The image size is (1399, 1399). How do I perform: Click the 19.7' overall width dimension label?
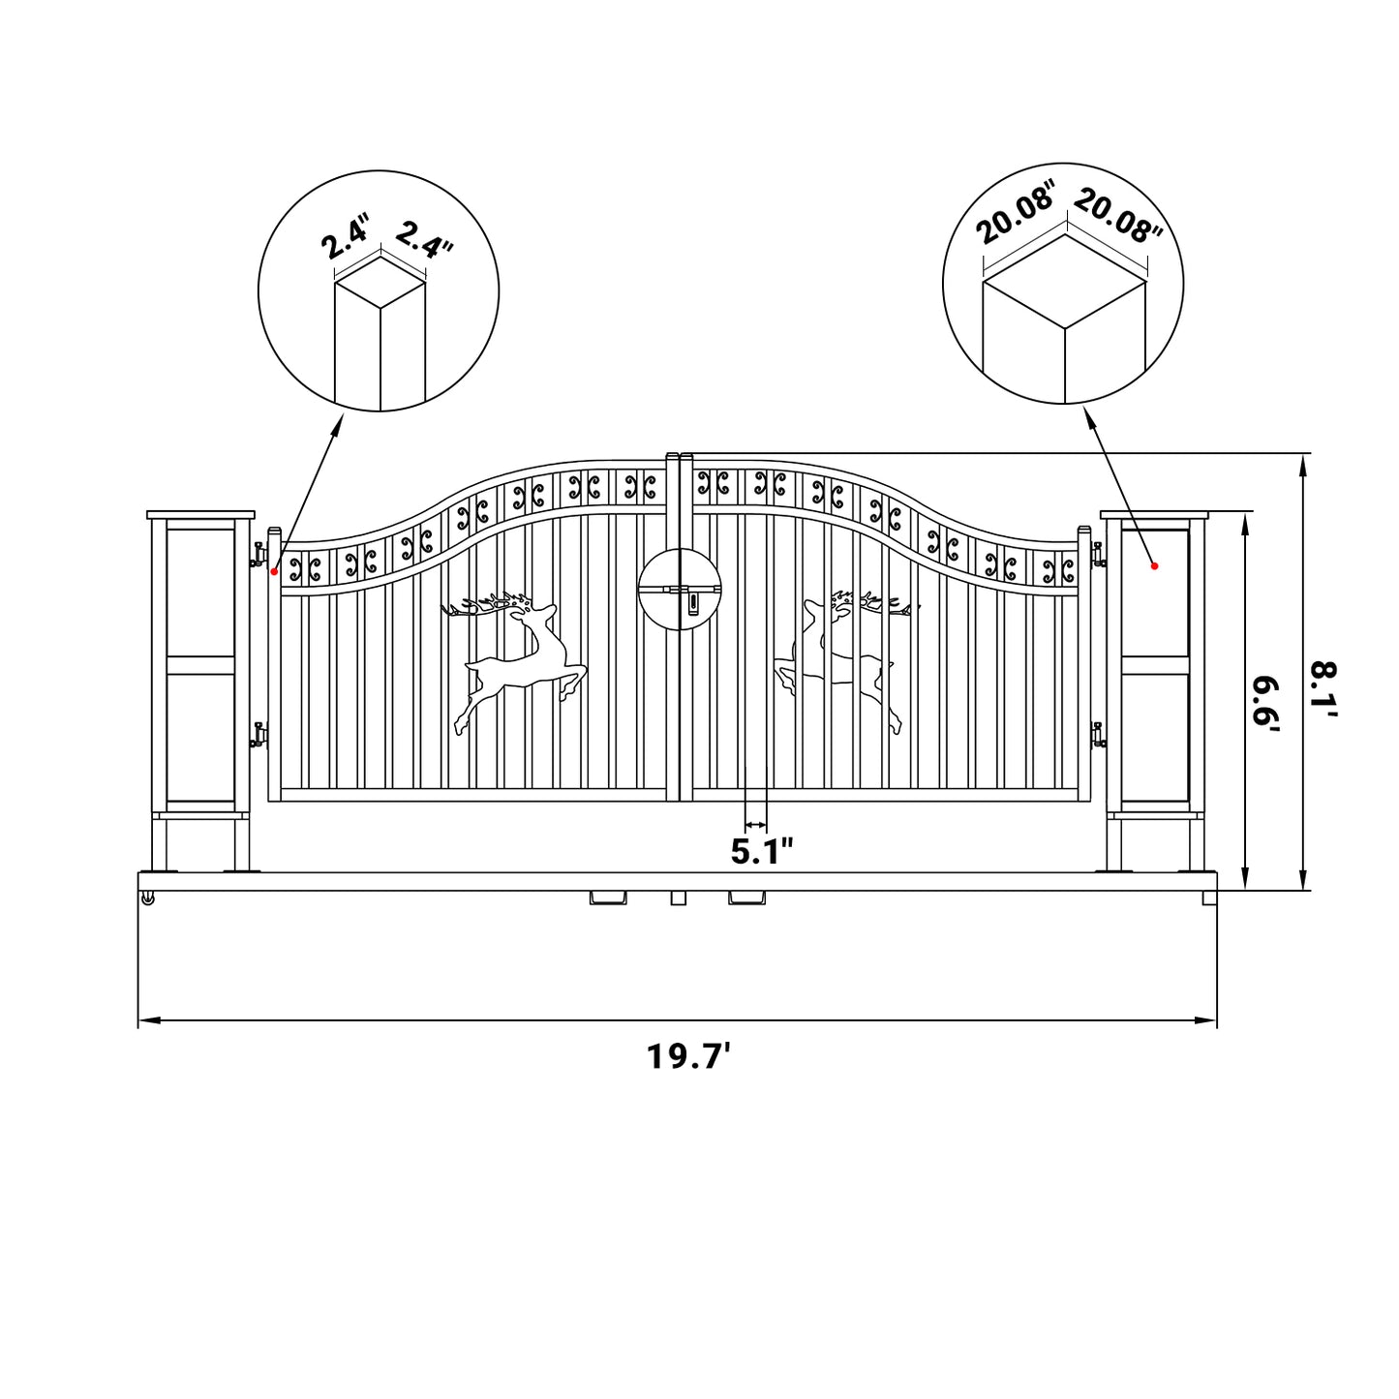pos(688,1056)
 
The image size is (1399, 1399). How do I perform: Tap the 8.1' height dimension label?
pos(1323,688)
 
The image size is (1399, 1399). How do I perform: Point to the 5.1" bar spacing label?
pos(762,852)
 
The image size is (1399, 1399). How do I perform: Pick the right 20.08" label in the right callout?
pos(1117,217)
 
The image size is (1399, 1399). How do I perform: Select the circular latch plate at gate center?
pos(681,590)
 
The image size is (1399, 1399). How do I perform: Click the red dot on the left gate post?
pos(274,571)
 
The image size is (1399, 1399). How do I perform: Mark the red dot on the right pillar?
pos(1154,565)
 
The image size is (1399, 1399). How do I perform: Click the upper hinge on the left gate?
pos(259,555)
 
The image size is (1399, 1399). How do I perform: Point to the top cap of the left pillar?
pos(200,515)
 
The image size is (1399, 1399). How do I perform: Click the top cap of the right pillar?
pos(1154,515)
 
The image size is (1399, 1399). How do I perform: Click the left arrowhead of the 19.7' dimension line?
pos(145,1020)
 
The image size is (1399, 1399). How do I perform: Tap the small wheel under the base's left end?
pos(147,900)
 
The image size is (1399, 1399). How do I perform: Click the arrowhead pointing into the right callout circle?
pos(1088,416)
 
